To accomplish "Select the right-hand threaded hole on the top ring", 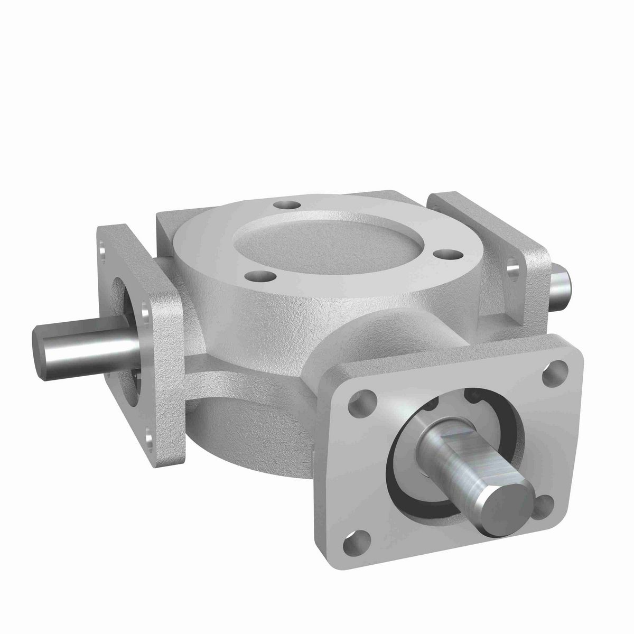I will [444, 254].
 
